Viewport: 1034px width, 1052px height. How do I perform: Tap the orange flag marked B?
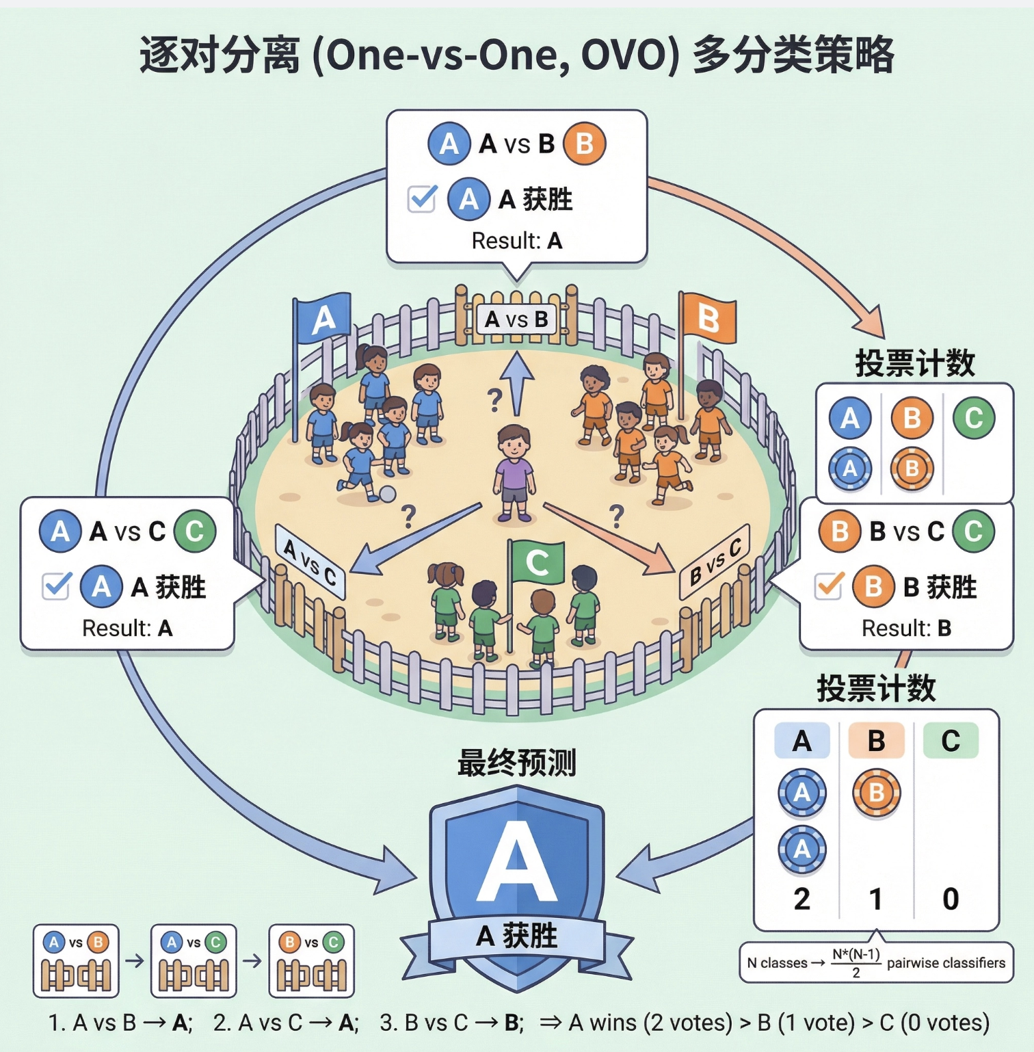[x=708, y=318]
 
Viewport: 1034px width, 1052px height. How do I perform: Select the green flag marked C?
[x=538, y=562]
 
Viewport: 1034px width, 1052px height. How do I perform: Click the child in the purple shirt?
[x=514, y=472]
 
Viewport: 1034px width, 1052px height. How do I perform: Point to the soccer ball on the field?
[x=388, y=494]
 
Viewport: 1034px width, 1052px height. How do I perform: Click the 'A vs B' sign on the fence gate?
[x=516, y=319]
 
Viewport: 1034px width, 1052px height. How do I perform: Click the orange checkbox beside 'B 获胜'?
[x=829, y=586]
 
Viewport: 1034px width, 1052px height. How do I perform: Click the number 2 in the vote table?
[x=801, y=899]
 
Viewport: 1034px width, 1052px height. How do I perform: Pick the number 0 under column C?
[x=951, y=899]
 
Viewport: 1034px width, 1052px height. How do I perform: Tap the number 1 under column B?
[x=876, y=899]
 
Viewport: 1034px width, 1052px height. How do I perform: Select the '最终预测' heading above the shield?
[x=517, y=763]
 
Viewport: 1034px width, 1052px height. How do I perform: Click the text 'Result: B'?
[x=906, y=628]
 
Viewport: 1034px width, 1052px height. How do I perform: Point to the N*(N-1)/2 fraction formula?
[x=856, y=962]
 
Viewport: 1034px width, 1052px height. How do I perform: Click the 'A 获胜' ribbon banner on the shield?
[x=517, y=936]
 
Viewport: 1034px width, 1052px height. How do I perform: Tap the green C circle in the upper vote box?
[x=974, y=417]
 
